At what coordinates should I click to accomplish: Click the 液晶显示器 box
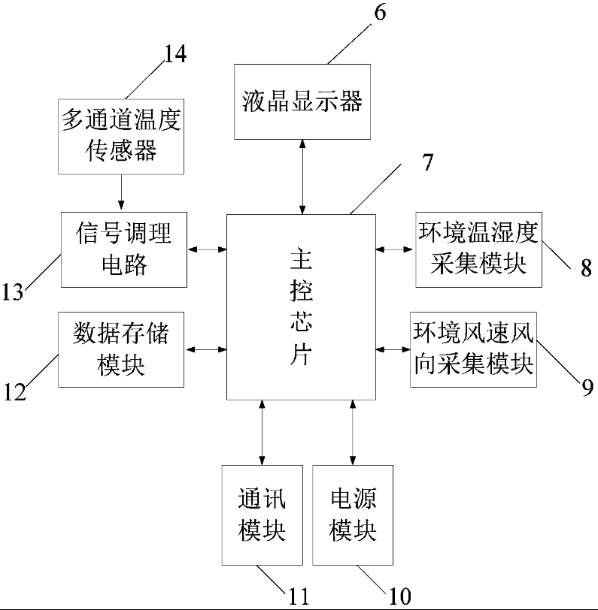click(x=303, y=101)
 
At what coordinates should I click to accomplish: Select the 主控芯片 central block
click(x=301, y=307)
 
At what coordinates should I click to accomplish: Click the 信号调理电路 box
click(x=125, y=249)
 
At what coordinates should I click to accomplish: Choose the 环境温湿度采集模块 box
click(x=478, y=249)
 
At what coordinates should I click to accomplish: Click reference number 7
click(x=427, y=165)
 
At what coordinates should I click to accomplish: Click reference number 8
click(x=585, y=267)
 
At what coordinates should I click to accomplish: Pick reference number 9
click(x=587, y=386)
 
